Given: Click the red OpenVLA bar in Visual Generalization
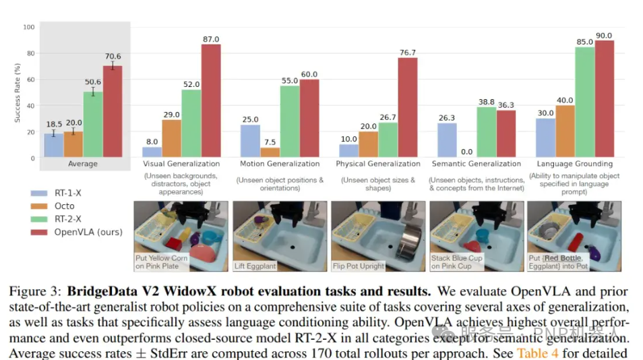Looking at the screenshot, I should (x=211, y=100).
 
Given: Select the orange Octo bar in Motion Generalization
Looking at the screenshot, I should (x=270, y=152).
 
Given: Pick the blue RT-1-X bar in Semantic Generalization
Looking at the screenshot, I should (x=448, y=140).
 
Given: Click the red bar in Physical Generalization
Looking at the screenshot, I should (x=408, y=107).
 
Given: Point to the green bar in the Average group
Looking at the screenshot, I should (x=93, y=124).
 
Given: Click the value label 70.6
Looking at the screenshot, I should (x=112, y=57).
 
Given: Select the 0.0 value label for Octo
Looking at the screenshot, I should (x=467, y=152).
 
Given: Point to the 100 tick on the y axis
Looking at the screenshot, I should (x=28, y=28).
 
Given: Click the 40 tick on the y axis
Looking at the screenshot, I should (x=30, y=106).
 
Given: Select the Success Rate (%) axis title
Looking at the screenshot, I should (x=17, y=92).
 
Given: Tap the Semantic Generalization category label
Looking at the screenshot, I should (x=476, y=164).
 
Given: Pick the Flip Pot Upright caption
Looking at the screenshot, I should (x=359, y=266).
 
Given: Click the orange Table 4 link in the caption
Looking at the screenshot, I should (x=537, y=353).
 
